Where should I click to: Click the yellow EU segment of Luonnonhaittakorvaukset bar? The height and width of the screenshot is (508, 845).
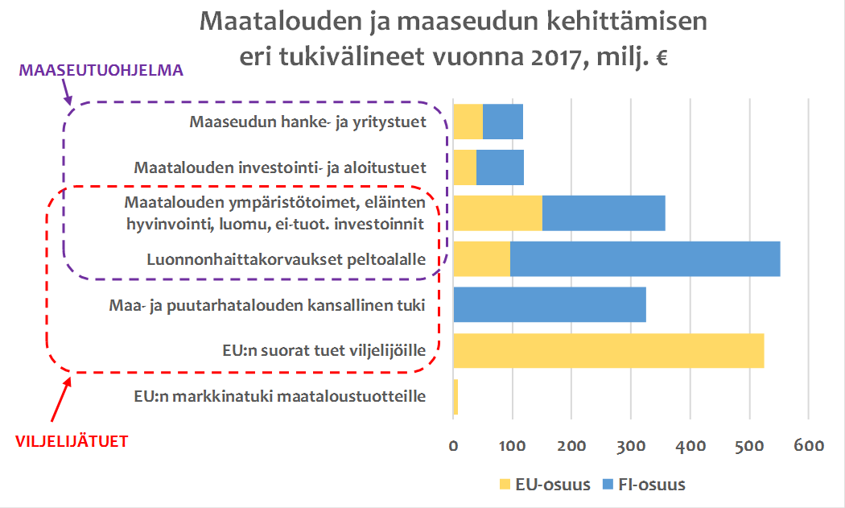(481, 259)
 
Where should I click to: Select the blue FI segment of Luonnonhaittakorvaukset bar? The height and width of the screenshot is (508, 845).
(645, 259)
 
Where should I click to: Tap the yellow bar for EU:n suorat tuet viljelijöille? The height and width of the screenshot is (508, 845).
(608, 351)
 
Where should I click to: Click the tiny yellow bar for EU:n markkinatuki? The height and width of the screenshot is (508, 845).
(455, 397)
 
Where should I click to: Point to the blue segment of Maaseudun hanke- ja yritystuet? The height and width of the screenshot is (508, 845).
(503, 122)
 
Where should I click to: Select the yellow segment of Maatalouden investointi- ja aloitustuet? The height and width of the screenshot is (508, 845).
(465, 168)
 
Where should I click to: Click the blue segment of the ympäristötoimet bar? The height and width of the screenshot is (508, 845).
(604, 213)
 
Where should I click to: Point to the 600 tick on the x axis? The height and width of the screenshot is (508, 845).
(808, 445)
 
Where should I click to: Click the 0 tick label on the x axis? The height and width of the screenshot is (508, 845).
(453, 445)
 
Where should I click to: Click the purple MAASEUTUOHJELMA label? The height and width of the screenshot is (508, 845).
(101, 71)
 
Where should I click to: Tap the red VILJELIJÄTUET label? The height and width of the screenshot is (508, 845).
(72, 442)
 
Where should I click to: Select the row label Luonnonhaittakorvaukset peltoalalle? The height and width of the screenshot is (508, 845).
(286, 260)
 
